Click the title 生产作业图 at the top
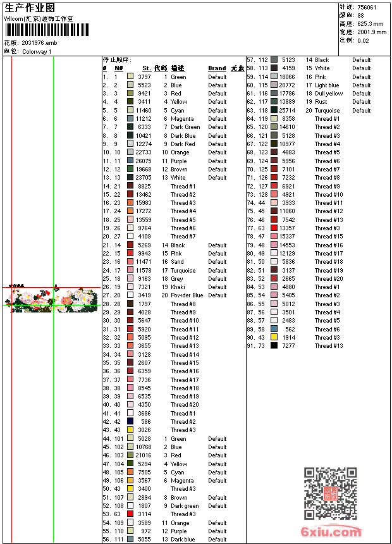pyautogui.click(x=30, y=8)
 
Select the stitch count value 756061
pyautogui.click(x=367, y=7)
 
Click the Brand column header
pyautogui.click(x=217, y=68)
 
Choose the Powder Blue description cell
pyautogui.click(x=187, y=295)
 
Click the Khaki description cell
pyautogui.click(x=178, y=287)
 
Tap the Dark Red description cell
pyautogui.click(x=183, y=144)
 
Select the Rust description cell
pyautogui.click(x=321, y=102)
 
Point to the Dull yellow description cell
pyautogui.click(x=329, y=94)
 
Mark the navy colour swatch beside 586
pyautogui.click(x=130, y=421)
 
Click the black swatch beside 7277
pyautogui.click(x=274, y=346)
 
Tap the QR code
pyautogui.click(x=330, y=493)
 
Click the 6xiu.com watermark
pyautogui.click(x=331, y=532)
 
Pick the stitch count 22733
pyautogui.click(x=143, y=152)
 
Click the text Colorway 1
pyautogui.click(x=37, y=51)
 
